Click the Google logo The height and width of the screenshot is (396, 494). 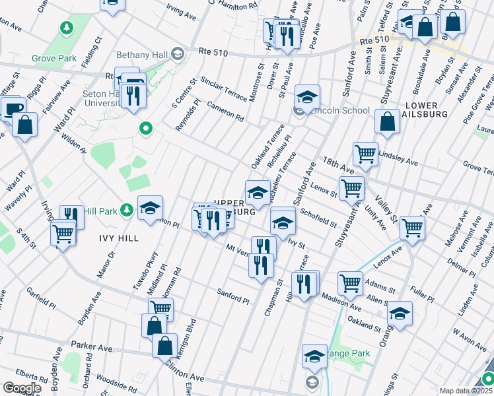point(22,388)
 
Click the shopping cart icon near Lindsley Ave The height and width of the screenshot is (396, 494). point(365,154)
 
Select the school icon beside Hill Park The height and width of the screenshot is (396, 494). point(150,208)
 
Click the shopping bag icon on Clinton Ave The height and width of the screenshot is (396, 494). point(164,345)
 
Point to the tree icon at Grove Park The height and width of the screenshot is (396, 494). point(66,28)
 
